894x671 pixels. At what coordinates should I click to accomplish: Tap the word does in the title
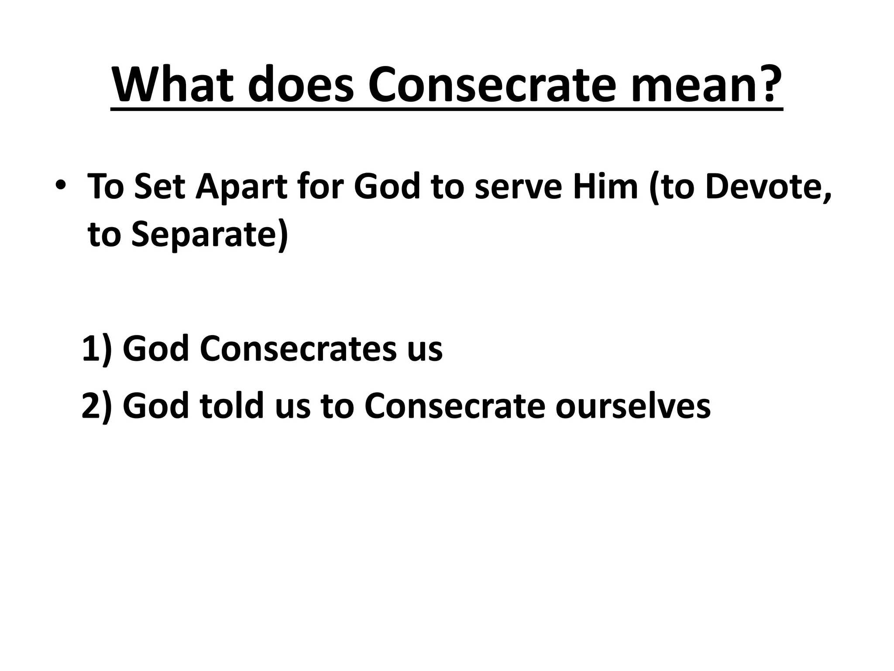point(300,85)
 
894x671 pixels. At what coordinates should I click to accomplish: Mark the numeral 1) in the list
point(97,348)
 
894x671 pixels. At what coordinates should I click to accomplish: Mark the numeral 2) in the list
point(97,405)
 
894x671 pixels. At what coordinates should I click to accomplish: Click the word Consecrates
point(299,348)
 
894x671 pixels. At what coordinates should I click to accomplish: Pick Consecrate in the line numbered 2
point(454,405)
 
